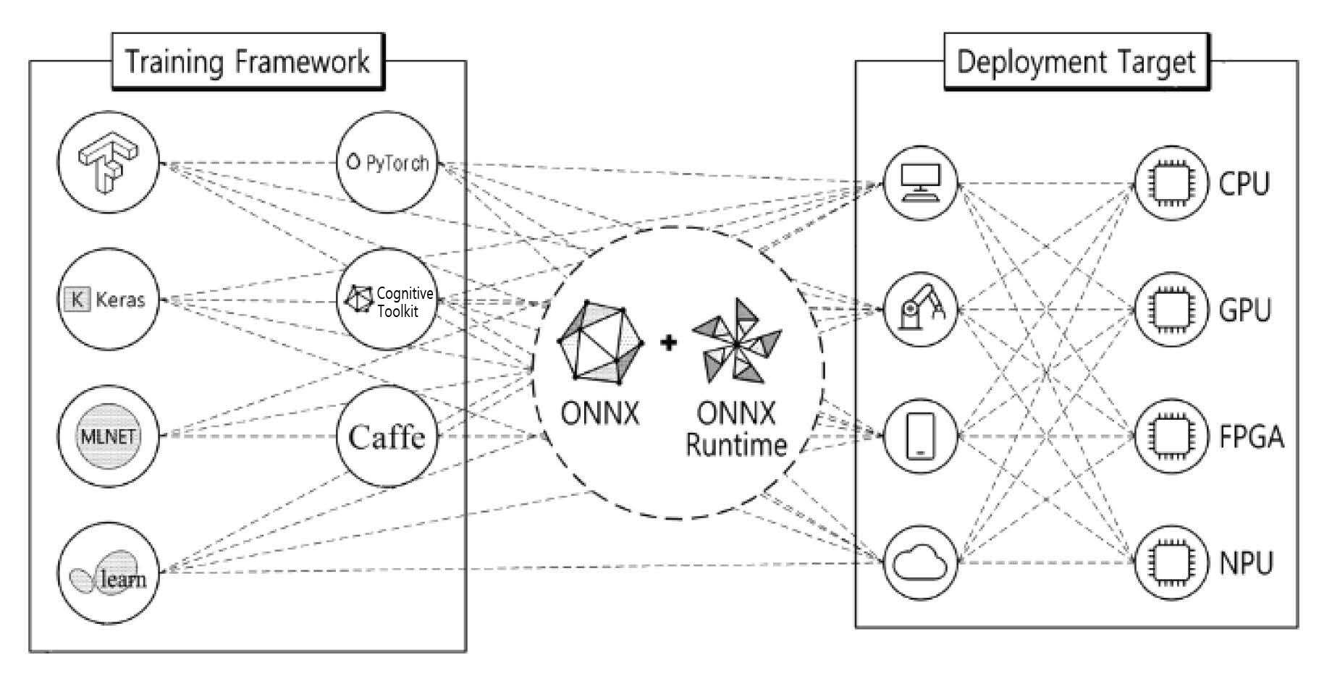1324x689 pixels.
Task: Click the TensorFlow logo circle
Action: [x=108, y=163]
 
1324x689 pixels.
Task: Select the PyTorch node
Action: [x=388, y=162]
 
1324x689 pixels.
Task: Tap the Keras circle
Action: [x=108, y=299]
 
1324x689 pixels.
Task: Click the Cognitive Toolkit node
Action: [x=388, y=299]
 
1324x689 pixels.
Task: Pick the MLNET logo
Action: [x=108, y=436]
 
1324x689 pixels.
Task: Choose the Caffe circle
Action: [x=388, y=436]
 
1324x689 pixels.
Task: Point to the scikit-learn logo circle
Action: [x=108, y=572]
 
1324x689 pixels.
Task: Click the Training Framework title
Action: [x=248, y=62]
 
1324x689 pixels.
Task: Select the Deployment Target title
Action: [x=1076, y=62]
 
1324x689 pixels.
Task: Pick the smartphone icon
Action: [x=920, y=436]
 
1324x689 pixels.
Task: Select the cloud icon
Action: [x=920, y=563]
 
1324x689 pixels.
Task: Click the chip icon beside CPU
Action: [x=1166, y=183]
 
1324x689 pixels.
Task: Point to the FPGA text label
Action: [x=1252, y=437]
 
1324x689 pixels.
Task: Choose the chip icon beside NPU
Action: [x=1166, y=563]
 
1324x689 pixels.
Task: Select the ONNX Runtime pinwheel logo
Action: [x=737, y=340]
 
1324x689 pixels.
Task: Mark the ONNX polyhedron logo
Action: [x=601, y=341]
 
